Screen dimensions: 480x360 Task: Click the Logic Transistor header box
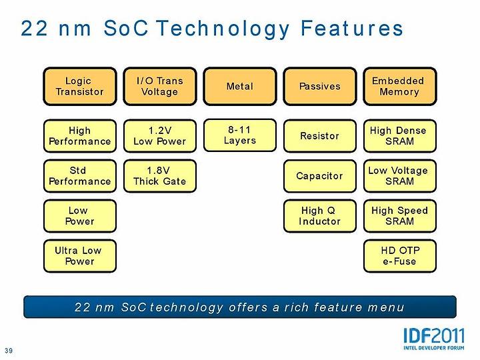click(x=80, y=86)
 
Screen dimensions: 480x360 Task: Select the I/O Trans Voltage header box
click(x=160, y=86)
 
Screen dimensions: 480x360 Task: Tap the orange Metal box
click(x=240, y=86)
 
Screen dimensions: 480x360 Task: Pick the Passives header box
click(x=320, y=86)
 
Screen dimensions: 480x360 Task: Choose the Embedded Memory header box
click(x=400, y=86)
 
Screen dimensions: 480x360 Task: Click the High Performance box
click(x=80, y=136)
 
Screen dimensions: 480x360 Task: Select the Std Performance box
click(x=80, y=176)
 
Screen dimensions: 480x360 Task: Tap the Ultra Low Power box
click(x=80, y=256)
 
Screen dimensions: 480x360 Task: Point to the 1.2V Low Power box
click(x=160, y=136)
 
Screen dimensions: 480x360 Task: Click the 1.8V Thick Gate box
click(x=160, y=176)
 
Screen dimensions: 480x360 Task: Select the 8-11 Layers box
click(x=240, y=135)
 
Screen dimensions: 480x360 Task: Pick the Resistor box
click(x=320, y=136)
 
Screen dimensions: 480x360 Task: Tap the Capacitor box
click(x=320, y=176)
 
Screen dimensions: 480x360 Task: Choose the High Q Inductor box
click(x=320, y=216)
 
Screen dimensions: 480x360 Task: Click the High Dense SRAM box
click(x=400, y=136)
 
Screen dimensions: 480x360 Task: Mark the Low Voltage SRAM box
click(x=400, y=176)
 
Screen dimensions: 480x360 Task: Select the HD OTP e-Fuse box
click(x=400, y=256)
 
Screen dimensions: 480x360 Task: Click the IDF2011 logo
click(x=434, y=339)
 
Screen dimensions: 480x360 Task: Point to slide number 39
click(x=9, y=351)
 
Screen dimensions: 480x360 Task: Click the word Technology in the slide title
click(x=223, y=29)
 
